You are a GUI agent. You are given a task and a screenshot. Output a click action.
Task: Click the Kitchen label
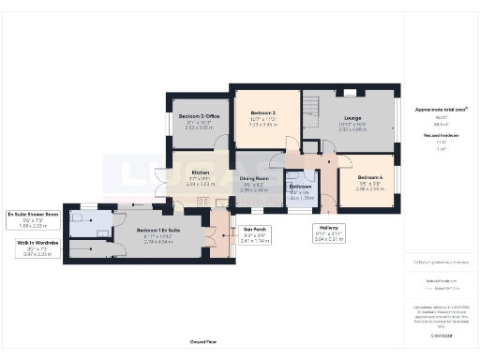click(201, 172)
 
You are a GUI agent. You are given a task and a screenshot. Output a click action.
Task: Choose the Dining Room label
click(254, 178)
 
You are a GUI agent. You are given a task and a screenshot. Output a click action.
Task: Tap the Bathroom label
click(301, 187)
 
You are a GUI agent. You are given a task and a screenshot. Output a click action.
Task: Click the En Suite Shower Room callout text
click(33, 214)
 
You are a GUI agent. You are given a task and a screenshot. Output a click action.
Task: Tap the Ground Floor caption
click(203, 343)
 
